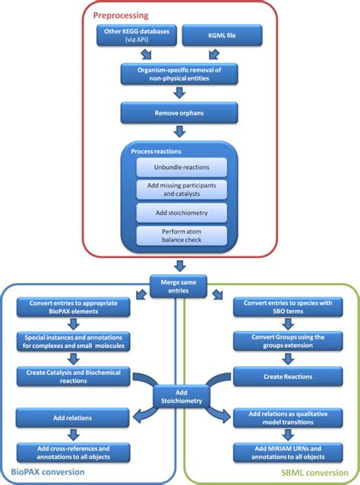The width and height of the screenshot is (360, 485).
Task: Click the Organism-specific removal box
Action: tap(180, 73)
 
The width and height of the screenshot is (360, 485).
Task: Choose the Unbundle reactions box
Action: tap(181, 167)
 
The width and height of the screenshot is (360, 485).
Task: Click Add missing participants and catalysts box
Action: tap(181, 189)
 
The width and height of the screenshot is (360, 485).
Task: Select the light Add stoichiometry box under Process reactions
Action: tap(181, 212)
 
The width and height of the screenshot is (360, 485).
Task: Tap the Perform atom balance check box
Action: tap(181, 235)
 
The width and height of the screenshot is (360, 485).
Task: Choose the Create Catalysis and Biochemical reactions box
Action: tap(70, 374)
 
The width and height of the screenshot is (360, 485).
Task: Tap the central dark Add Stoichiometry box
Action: tap(180, 394)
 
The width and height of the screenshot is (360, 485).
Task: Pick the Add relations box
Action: tap(70, 415)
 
